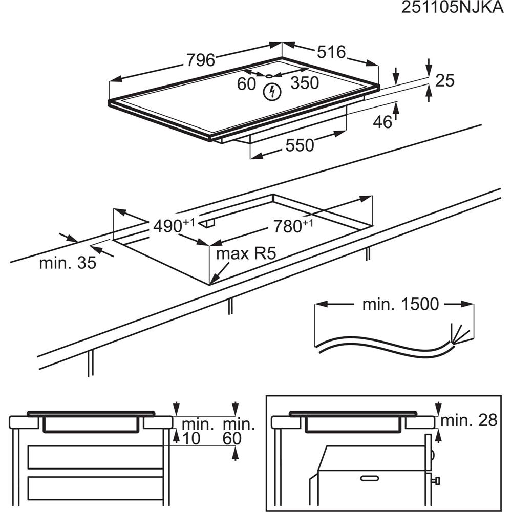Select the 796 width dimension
[x=200, y=60]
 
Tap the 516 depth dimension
[x=331, y=52]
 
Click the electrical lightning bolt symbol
[x=272, y=92]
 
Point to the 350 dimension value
[x=305, y=83]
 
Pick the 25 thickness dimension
[x=444, y=80]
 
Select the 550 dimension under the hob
[x=300, y=145]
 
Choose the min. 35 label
[x=68, y=263]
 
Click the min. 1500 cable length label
[x=400, y=304]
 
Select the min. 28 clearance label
[x=469, y=421]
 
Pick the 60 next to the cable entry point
[x=246, y=83]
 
